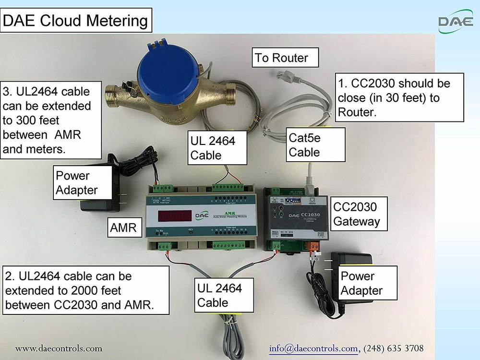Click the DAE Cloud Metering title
tap(76, 21)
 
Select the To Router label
tap(281, 58)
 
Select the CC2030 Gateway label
tap(357, 214)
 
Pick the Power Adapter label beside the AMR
tap(77, 183)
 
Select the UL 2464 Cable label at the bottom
tap(219, 295)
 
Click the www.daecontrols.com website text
tap(59, 348)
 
